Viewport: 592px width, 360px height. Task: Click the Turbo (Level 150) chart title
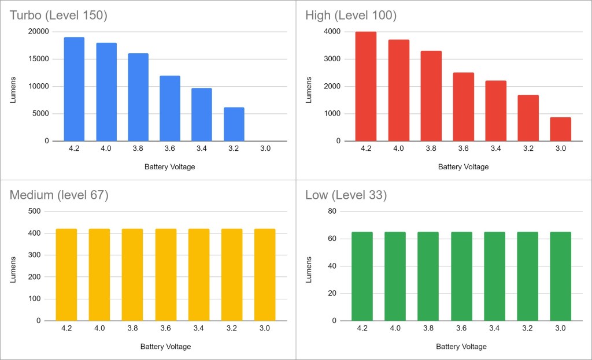coord(58,16)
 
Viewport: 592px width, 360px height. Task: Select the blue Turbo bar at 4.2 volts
coord(74,89)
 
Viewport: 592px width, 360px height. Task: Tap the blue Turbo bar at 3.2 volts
coord(234,124)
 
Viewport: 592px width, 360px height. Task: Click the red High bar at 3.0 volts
coord(560,129)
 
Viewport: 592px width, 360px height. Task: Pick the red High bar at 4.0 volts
coord(398,90)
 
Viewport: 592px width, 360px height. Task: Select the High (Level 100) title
coord(351,16)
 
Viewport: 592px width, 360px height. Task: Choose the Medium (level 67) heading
coord(59,195)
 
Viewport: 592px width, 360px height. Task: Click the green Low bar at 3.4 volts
coord(494,276)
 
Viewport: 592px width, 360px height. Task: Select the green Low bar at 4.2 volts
coord(362,276)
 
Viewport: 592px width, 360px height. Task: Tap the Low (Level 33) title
coord(346,195)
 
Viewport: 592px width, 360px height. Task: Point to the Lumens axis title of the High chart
coord(309,87)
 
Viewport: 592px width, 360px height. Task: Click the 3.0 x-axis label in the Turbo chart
coord(265,149)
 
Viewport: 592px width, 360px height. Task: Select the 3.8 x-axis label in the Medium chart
coord(132,328)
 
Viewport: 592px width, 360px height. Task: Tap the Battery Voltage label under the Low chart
coord(461,347)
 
